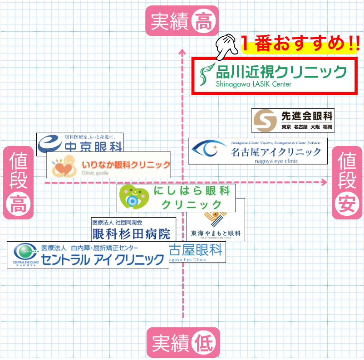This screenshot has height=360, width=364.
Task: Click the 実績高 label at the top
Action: [x=182, y=21]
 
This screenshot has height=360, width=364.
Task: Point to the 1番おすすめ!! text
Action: [x=300, y=44]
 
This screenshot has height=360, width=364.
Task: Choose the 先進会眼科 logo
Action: [x=293, y=120]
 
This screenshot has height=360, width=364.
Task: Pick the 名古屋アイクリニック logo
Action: [x=257, y=151]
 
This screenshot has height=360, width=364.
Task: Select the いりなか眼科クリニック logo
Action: [x=108, y=165]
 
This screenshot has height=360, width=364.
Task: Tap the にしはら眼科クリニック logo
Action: [x=177, y=197]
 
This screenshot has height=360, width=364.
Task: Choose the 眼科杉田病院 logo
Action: [x=133, y=229]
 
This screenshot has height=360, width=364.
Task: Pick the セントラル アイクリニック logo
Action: [x=88, y=255]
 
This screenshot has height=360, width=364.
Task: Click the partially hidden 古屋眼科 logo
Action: [x=196, y=252]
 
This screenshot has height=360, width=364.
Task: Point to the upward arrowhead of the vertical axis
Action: [x=182, y=51]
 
